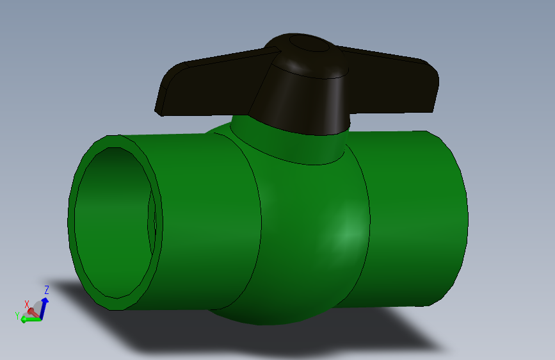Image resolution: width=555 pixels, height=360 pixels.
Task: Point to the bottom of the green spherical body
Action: pyautogui.click(x=275, y=314)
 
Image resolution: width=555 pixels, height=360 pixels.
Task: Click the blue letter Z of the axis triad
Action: pyautogui.click(x=47, y=290)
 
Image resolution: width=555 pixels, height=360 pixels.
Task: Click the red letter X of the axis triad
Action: pyautogui.click(x=27, y=304)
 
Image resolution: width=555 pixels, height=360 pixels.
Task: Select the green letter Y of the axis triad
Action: pyautogui.click(x=17, y=315)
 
